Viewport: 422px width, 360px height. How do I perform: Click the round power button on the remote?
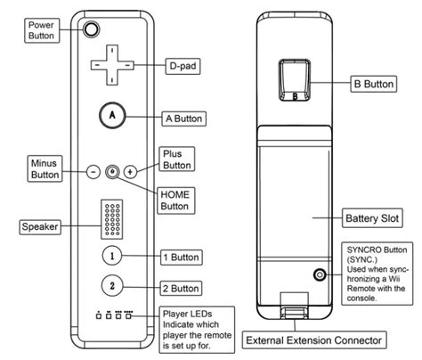coord(91,29)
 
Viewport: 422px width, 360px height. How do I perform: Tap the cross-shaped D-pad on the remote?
coord(112,65)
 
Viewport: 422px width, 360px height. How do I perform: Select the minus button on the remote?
coord(93,172)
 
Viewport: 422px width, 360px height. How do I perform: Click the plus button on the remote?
coord(130,171)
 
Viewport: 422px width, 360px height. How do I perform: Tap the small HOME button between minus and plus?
coord(112,171)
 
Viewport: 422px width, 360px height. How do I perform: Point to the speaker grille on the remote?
coord(112,219)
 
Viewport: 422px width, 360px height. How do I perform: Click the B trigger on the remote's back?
coord(295,79)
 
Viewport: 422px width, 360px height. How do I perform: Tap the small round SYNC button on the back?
coord(320,274)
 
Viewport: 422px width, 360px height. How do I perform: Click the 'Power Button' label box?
coord(42,30)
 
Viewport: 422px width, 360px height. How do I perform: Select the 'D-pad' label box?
coord(183,66)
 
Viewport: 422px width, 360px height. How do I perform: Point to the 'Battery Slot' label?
coord(372,218)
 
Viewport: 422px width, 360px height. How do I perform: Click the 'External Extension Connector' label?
coord(314,340)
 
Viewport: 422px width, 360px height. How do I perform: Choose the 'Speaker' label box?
coord(40,227)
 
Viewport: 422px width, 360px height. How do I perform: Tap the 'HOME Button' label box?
coord(175,200)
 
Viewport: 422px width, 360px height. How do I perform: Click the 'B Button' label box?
coord(374,84)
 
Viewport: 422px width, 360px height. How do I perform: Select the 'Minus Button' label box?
coord(45,168)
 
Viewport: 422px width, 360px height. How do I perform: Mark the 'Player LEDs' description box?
coord(197,330)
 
